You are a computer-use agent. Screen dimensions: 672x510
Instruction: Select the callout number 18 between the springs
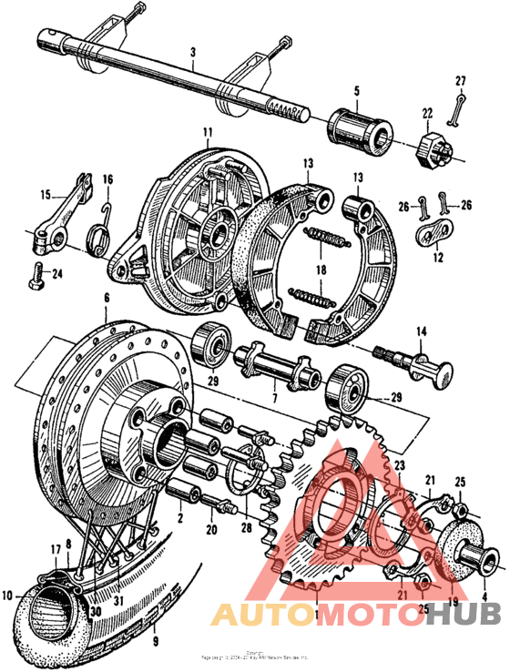pyautogui.click(x=321, y=270)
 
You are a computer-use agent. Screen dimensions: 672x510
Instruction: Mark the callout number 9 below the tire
pyautogui.click(x=154, y=626)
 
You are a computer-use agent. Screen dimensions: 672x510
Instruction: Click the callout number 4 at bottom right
pyautogui.click(x=484, y=597)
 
